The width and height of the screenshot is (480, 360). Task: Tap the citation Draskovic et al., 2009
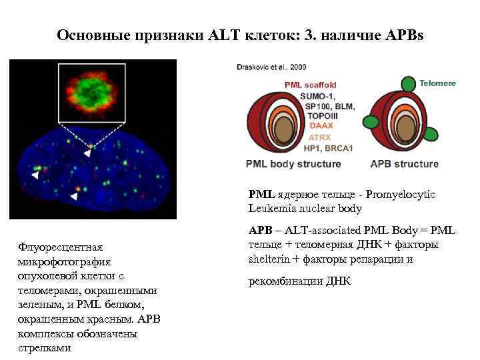(271, 68)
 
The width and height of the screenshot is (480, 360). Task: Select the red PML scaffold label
(310, 85)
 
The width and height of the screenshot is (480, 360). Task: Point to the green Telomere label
(437, 83)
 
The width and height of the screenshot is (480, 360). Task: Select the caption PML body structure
(293, 163)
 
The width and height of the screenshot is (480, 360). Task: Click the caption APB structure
(405, 163)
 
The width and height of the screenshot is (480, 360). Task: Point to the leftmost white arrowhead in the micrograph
(35, 175)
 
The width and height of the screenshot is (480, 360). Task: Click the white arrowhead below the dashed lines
(87, 153)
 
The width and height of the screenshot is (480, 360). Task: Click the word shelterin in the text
(266, 259)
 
